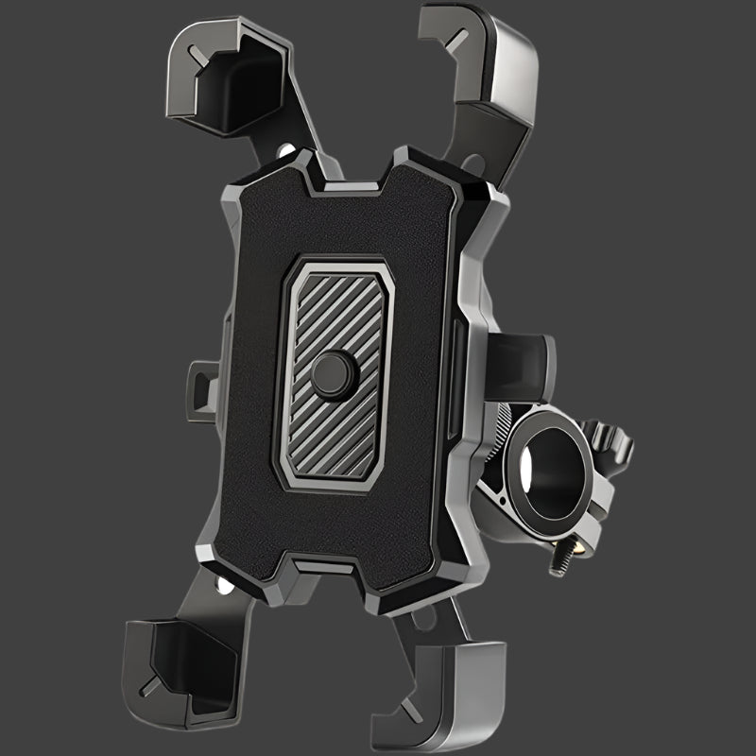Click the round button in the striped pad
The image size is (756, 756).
coord(334,374)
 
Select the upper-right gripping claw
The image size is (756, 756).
coord(482,61)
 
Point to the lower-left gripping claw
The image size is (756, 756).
coord(180,661)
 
